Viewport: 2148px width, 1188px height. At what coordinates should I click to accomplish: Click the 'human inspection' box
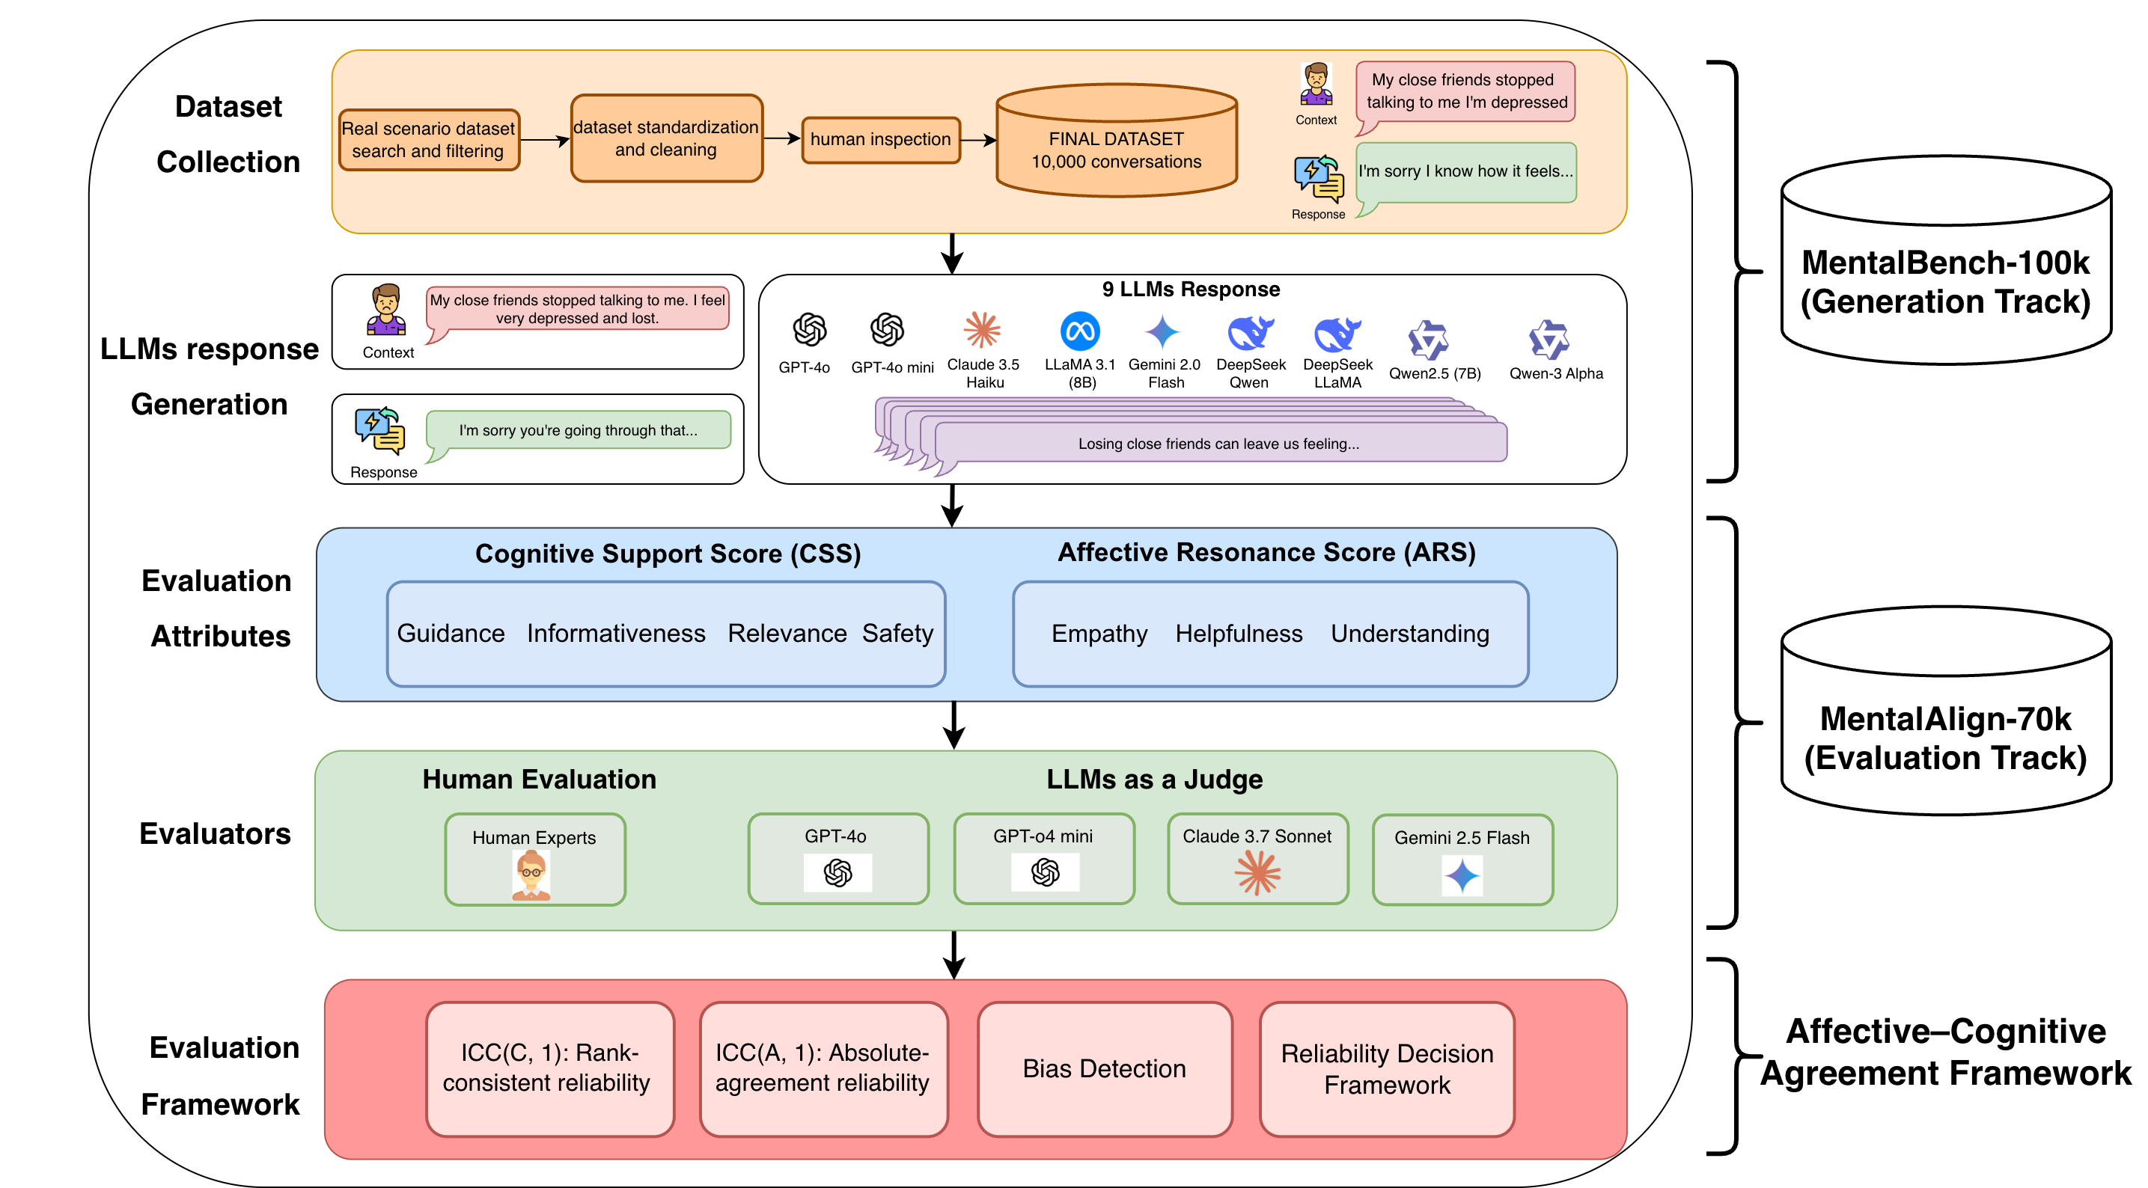click(881, 139)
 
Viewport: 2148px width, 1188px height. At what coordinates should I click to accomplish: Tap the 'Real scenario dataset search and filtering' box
click(428, 140)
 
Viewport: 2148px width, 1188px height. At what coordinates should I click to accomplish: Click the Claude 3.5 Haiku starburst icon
click(981, 330)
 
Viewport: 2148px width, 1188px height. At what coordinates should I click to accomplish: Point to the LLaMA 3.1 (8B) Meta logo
click(1079, 332)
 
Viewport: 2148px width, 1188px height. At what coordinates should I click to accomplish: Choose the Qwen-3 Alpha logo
click(1549, 340)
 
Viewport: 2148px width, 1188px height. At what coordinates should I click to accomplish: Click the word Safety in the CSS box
click(897, 634)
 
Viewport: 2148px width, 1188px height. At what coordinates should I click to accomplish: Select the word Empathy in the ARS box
click(1099, 634)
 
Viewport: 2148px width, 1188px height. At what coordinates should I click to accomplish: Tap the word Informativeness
click(615, 634)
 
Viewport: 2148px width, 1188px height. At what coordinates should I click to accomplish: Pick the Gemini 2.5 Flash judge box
click(1462, 859)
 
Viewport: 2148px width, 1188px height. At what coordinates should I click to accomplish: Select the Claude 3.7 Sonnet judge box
click(1257, 859)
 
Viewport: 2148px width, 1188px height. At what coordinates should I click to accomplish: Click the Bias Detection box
click(1104, 1069)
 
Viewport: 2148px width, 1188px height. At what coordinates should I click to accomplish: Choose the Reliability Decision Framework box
click(1387, 1069)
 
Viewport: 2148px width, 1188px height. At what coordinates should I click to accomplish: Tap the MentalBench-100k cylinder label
click(1944, 282)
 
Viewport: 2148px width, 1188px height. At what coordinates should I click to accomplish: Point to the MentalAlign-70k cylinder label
click(1944, 738)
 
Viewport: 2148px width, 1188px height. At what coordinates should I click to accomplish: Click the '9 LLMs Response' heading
click(1190, 290)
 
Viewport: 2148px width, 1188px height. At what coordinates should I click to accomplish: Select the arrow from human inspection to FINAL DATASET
click(978, 140)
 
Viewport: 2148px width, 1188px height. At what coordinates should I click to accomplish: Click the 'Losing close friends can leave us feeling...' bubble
click(1218, 444)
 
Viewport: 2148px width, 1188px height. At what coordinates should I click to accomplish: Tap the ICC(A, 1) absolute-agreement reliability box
click(823, 1069)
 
